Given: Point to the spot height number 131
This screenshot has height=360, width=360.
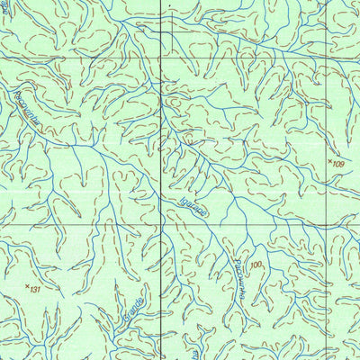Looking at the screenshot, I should click(36, 291).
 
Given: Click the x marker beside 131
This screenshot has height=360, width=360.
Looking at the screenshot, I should click(26, 286).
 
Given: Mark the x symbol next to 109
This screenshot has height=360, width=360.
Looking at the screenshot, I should click(329, 160).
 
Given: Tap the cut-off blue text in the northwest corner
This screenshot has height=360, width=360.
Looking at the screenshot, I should click(4, 7).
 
